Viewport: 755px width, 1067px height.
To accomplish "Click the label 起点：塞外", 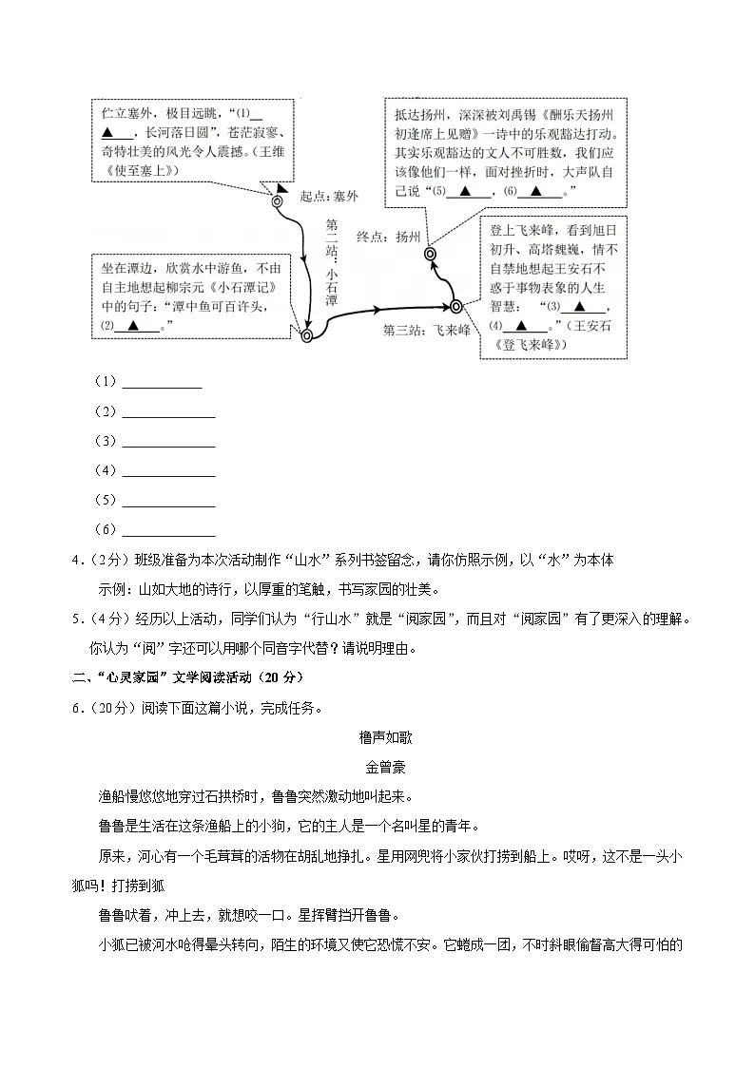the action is [329, 197].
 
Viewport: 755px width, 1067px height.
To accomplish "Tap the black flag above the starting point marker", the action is [282, 188].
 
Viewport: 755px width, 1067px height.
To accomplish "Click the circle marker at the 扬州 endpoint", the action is [430, 254].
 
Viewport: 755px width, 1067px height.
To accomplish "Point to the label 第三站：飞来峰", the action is [427, 331].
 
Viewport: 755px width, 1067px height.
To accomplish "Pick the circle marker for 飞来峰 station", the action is [455, 306].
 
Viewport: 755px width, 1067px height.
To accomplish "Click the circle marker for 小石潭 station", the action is [306, 335].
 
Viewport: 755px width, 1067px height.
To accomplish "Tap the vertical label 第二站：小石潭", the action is [331, 262].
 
